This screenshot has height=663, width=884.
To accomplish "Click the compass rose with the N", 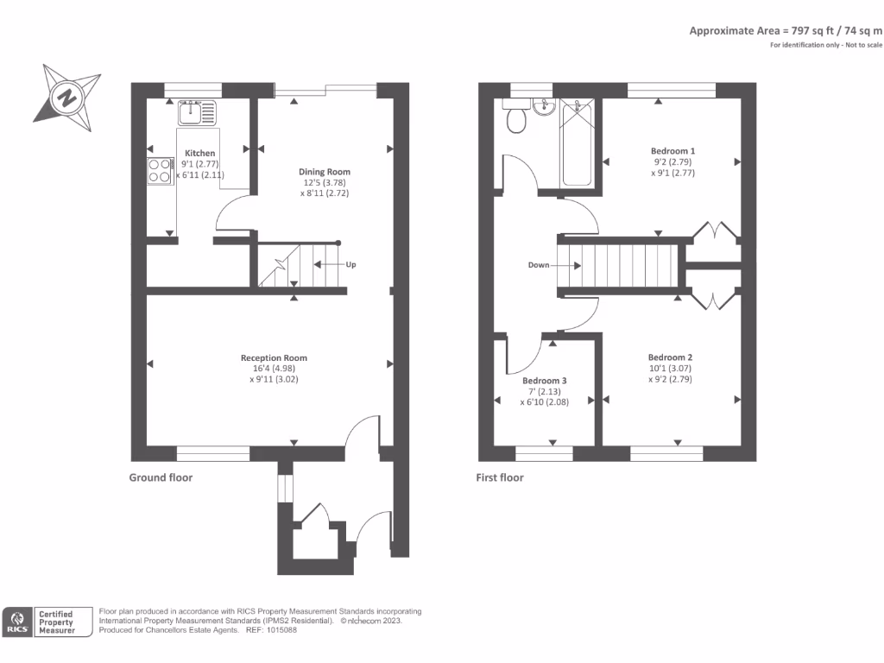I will click(67, 97).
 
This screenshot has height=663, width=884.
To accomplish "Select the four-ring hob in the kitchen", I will click(159, 170).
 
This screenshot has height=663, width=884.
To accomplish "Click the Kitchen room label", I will click(199, 153).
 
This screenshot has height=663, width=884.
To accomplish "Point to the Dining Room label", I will click(325, 172).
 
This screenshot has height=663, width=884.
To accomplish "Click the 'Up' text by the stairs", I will click(350, 264).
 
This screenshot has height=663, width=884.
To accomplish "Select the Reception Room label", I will click(274, 357).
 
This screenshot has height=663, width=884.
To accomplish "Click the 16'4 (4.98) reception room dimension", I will click(274, 368).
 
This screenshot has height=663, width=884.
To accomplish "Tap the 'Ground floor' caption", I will click(161, 477).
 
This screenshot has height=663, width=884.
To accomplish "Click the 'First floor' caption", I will click(500, 477).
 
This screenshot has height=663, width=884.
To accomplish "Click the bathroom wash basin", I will click(544, 107).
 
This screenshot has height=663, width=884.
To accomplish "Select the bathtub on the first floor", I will click(576, 142).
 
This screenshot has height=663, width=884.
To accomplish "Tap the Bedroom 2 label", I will click(670, 357).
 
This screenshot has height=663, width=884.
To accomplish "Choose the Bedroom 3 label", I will click(545, 380).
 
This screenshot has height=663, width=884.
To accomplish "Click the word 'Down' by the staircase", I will click(539, 265).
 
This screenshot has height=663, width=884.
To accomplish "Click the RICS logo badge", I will click(18, 622).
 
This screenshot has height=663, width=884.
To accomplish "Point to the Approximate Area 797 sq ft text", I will click(786, 30).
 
